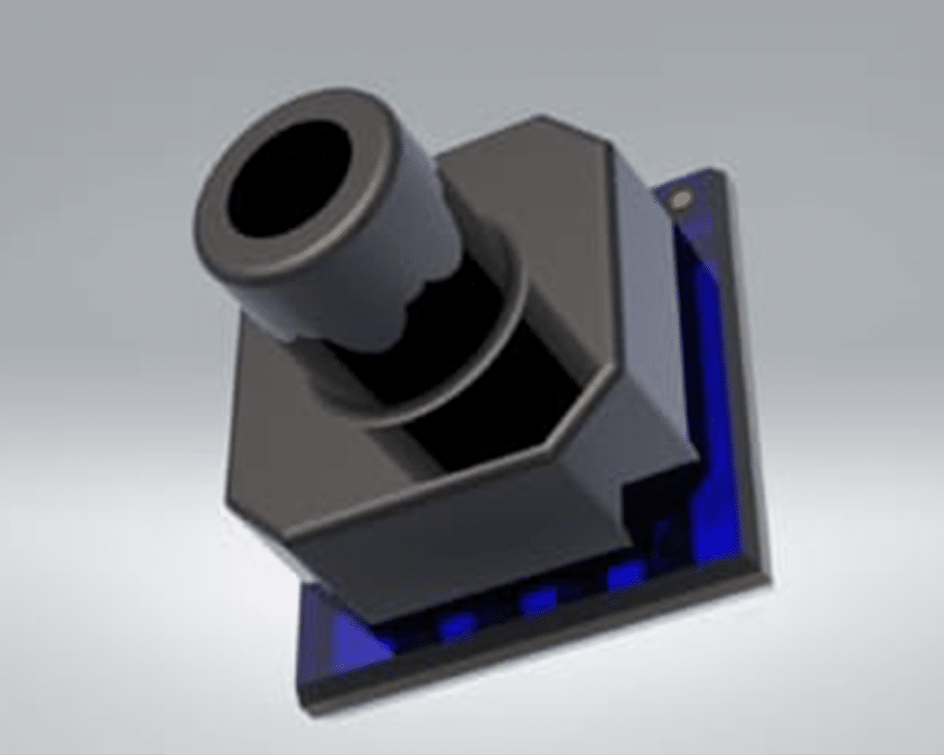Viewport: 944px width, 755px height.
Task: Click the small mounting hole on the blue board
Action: coord(681,199)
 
